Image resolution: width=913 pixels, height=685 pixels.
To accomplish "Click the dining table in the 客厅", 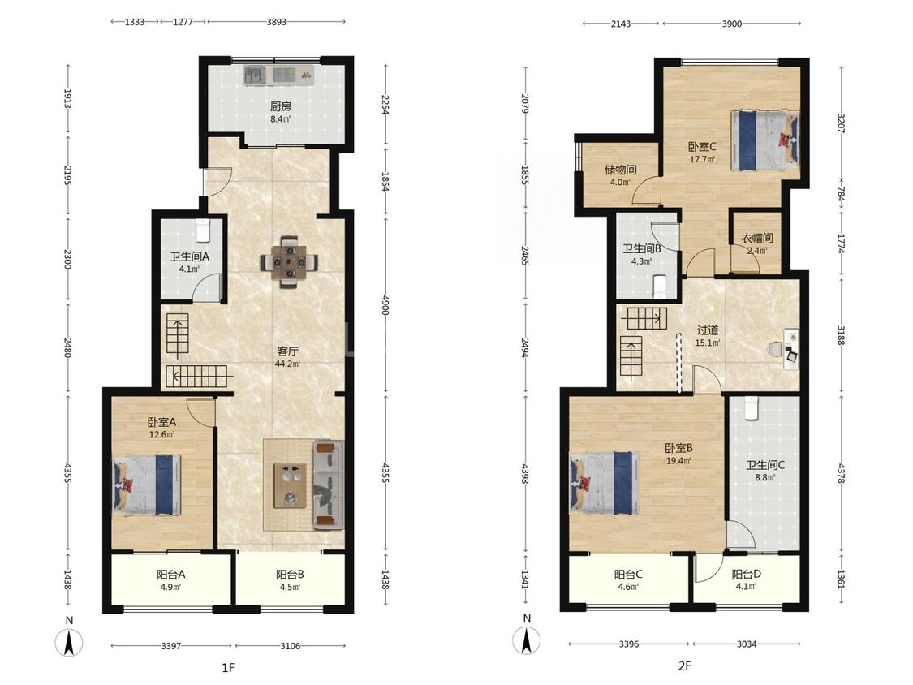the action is tap(290, 261).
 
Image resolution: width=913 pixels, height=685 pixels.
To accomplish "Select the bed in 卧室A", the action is tap(148, 485).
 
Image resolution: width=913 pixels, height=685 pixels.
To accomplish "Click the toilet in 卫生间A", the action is tap(203, 230).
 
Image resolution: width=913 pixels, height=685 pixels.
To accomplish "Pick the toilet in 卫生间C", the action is tap(751, 407).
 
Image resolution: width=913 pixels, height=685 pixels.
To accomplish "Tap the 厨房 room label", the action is tap(281, 106).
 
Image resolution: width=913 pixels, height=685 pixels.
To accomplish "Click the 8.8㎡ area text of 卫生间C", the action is tap(765, 478).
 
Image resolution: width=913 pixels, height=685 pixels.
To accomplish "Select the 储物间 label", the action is tap(620, 170).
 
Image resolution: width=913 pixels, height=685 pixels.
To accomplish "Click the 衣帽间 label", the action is tap(757, 239).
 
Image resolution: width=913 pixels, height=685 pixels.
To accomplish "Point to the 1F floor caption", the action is tap(228, 667).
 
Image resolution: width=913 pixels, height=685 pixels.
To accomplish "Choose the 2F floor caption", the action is tap(685, 666).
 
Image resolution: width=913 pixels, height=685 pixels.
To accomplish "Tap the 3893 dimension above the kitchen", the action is tap(277, 22).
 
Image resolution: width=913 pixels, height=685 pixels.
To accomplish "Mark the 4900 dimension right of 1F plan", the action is tap(385, 304).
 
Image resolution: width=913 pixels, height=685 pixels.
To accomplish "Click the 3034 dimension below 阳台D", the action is tap(747, 644).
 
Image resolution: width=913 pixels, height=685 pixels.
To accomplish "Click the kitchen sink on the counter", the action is tap(254, 75).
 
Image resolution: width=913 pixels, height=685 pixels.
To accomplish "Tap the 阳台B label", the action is tap(290, 575).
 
